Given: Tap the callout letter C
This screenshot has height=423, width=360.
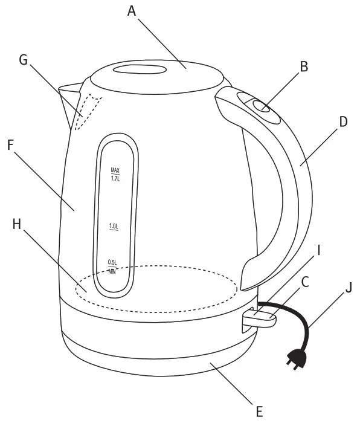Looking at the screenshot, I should [306, 283].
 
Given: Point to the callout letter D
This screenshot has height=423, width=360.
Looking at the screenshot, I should [343, 121].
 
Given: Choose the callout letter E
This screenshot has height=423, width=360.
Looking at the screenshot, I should [259, 412].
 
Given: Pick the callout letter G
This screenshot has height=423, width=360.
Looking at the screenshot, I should [24, 60].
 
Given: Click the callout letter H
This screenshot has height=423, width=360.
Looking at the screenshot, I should [16, 225].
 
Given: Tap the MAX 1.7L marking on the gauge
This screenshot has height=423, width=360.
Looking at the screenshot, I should [115, 174].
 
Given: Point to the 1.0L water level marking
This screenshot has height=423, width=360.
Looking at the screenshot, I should [114, 227].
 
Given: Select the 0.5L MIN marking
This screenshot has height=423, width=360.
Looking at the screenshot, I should [112, 266].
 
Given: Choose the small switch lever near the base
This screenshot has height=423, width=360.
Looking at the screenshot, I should [260, 316].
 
